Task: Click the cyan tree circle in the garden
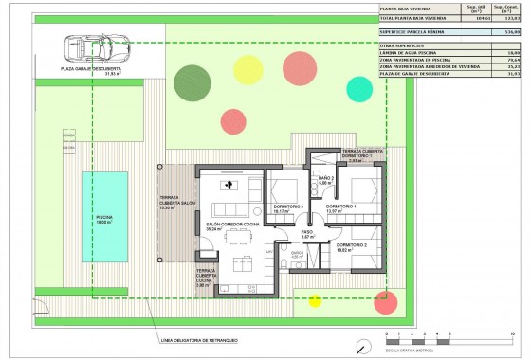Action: (360, 89)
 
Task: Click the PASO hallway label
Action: (307, 233)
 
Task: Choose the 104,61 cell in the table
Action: (483, 18)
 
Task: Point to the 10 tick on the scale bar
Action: (512, 336)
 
